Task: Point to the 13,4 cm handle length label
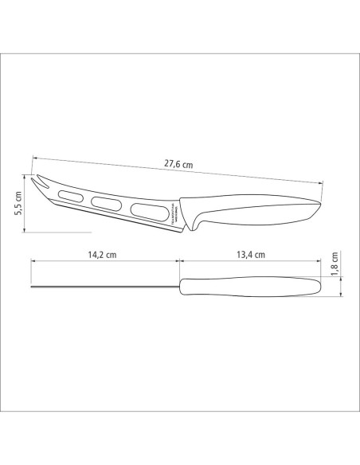250,255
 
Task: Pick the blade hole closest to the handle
144,212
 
